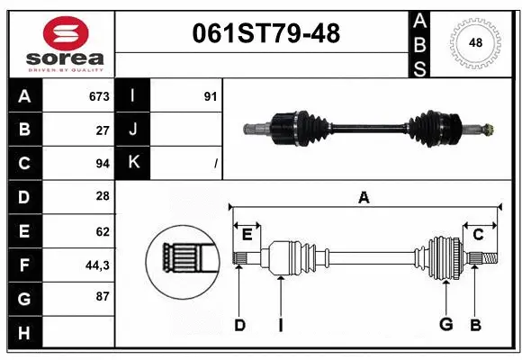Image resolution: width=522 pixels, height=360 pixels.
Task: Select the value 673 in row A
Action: point(99,96)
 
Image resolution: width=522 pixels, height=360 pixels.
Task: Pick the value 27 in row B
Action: point(103,130)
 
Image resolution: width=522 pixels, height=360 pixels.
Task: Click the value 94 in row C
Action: point(103,163)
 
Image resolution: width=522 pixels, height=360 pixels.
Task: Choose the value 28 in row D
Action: point(103,196)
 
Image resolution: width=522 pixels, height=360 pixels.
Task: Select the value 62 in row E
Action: point(103,230)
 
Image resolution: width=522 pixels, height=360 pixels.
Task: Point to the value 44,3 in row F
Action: point(98,265)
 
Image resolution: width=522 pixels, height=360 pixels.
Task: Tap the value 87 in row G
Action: point(103,297)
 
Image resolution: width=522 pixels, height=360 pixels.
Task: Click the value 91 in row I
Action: point(210,96)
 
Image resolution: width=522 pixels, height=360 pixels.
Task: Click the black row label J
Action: point(133,130)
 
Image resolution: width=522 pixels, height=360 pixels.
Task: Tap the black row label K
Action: point(133,163)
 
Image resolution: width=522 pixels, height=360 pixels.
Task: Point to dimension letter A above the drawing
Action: point(364,197)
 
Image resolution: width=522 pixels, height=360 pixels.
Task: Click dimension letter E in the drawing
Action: point(247,235)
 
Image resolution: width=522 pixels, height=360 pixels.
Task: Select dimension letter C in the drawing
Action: point(478,235)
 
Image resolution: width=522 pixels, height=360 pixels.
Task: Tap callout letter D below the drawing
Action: point(239,325)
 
